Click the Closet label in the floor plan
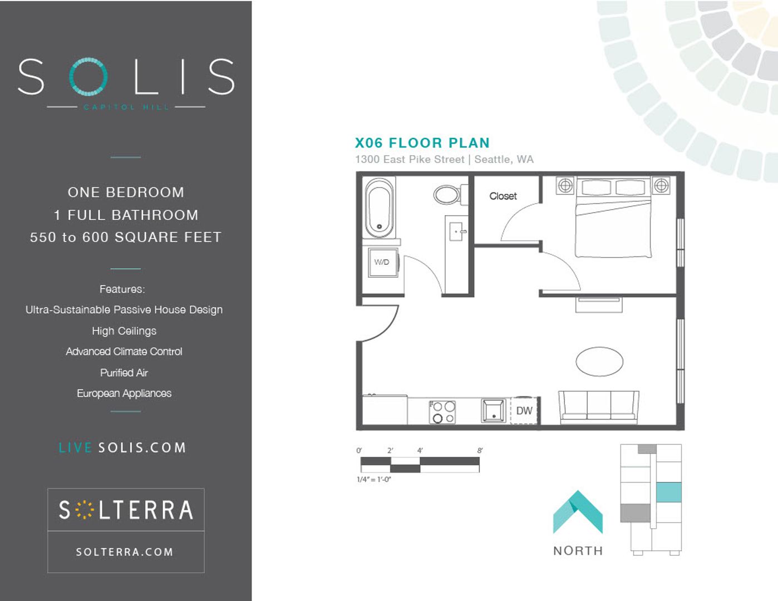503,196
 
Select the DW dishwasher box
524,411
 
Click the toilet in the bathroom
451,195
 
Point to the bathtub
380,208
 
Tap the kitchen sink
494,411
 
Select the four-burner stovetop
442,412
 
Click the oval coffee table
599,362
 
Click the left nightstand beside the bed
565,185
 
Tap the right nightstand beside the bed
661,185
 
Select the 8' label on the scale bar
480,450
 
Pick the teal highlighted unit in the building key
669,492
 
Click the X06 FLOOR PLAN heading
422,143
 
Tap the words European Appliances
124,393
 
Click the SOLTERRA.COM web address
125,552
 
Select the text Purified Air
124,373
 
